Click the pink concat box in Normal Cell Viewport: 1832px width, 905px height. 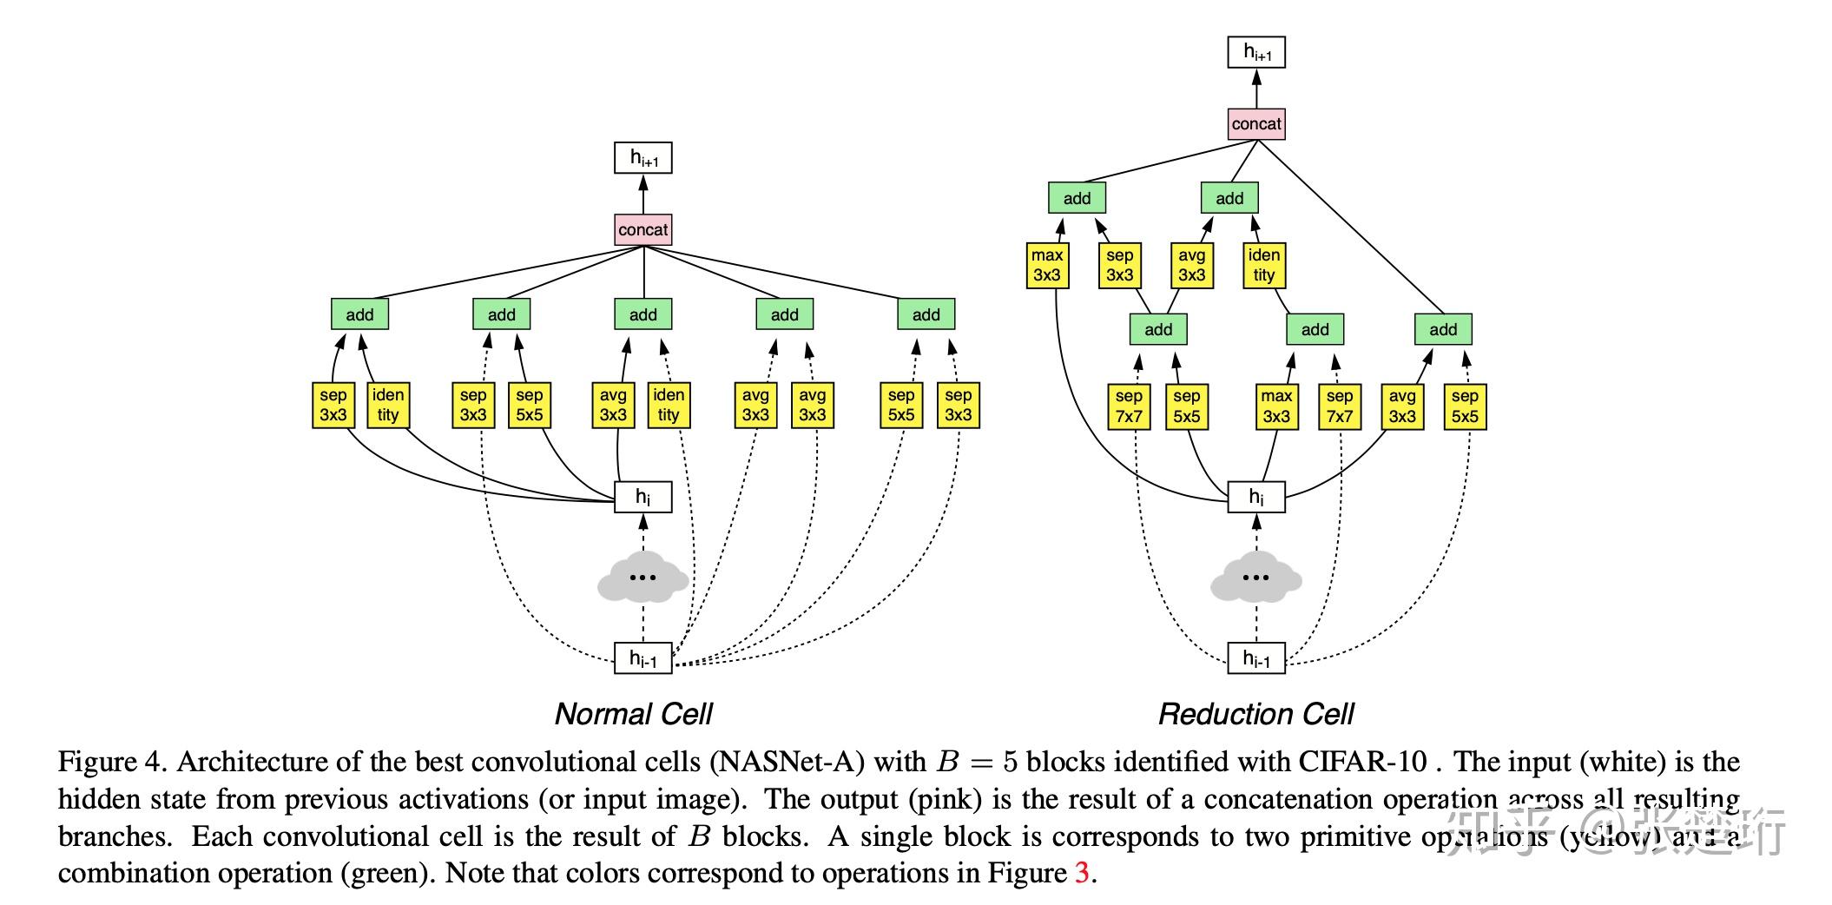[643, 230]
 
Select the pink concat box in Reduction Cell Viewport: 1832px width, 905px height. [1255, 124]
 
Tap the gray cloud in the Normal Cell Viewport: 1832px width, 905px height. [643, 578]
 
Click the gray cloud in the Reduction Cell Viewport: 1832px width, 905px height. [1255, 578]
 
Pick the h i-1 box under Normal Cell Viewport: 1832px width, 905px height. [643, 658]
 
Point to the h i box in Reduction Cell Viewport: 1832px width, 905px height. [1255, 497]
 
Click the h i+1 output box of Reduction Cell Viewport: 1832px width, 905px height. [1255, 52]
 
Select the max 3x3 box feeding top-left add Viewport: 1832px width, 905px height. [1046, 265]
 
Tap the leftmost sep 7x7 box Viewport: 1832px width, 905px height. [1129, 406]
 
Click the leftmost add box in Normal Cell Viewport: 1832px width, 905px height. [359, 314]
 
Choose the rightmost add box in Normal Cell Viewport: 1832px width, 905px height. [926, 314]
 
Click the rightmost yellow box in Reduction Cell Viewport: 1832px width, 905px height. [1464, 406]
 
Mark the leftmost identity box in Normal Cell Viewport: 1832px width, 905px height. [387, 405]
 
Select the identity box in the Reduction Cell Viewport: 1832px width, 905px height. [1263, 265]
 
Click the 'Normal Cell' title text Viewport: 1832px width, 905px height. [633, 714]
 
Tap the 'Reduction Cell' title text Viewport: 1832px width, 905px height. [1255, 714]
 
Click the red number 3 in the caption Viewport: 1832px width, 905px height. [1081, 872]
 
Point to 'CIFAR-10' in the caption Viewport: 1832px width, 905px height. [1362, 762]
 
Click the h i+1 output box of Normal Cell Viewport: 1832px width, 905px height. [643, 158]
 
